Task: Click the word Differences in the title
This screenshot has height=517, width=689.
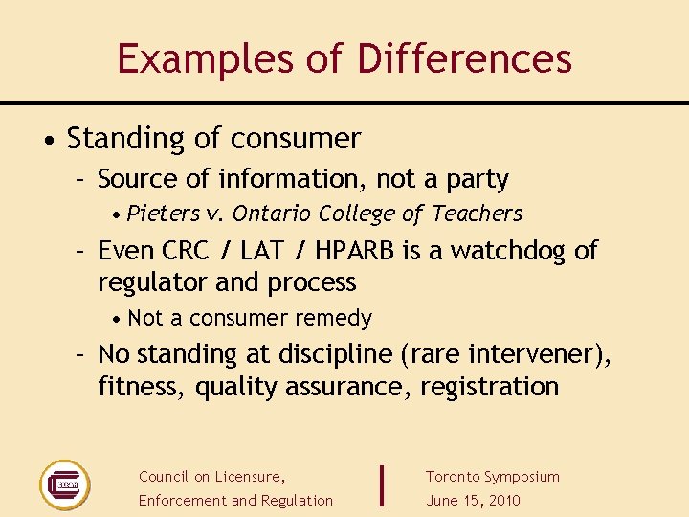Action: [x=464, y=59]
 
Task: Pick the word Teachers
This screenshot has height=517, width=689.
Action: [x=477, y=214]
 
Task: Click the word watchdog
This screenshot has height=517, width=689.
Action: [x=509, y=251]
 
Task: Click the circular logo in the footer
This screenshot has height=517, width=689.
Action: [x=64, y=485]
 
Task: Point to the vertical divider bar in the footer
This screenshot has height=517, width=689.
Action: [x=382, y=485]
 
